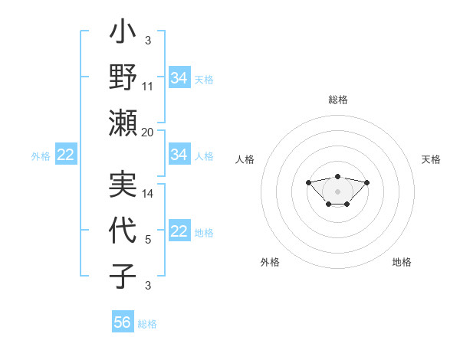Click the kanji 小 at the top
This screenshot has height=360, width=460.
click(x=123, y=34)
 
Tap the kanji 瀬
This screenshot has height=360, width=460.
click(x=123, y=123)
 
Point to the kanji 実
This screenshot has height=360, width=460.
click(x=123, y=184)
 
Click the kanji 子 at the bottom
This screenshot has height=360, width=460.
click(x=123, y=276)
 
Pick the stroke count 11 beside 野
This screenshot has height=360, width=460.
click(x=148, y=86)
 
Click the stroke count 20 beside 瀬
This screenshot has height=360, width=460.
click(x=148, y=132)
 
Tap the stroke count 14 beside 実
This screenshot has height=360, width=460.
click(x=148, y=193)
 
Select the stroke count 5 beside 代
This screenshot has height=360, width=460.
click(x=148, y=239)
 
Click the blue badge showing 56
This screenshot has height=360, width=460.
click(x=123, y=322)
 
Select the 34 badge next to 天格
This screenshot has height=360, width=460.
click(x=179, y=78)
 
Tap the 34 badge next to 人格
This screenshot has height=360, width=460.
click(x=179, y=155)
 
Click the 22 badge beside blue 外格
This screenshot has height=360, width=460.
click(x=66, y=155)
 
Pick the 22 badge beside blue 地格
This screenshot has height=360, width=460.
click(x=179, y=231)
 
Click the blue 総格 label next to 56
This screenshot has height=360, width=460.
click(x=147, y=324)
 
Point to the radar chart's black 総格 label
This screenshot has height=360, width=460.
click(x=337, y=100)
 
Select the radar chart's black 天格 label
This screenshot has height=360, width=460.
click(x=431, y=159)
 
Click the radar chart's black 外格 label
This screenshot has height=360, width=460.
click(x=270, y=262)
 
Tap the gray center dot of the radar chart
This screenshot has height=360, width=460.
click(x=337, y=191)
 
